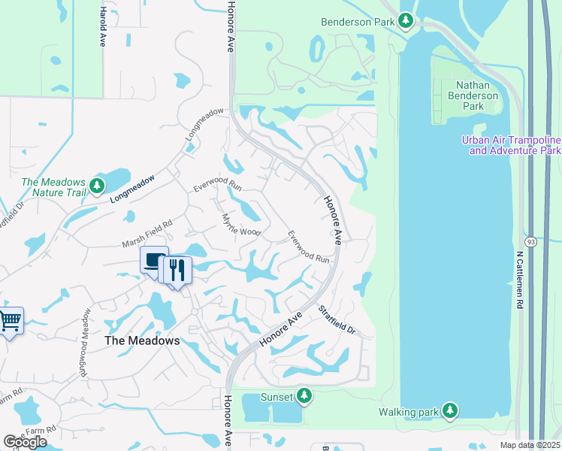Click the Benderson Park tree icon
(406, 20)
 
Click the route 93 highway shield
(532, 242)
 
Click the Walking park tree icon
(449, 410)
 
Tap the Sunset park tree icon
(304, 395)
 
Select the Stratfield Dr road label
(335, 320)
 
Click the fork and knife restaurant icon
(177, 270)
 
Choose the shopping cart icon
(10, 322)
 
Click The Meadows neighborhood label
(142, 341)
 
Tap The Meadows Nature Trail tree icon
(96, 185)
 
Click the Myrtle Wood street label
(240, 224)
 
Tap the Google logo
(25, 441)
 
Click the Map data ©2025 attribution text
(530, 445)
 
